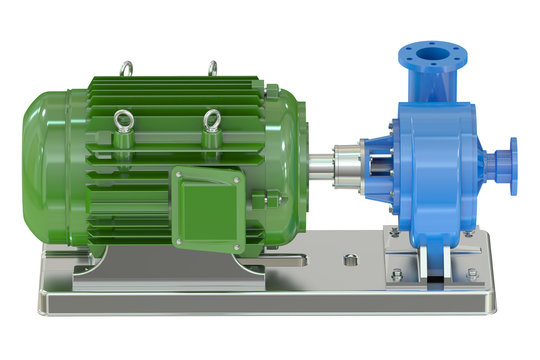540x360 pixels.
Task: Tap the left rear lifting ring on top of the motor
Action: pyautogui.click(x=125, y=68)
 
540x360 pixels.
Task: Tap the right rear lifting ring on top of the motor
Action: pyautogui.click(x=212, y=68)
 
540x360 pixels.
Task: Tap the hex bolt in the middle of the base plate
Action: pyautogui.click(x=350, y=260)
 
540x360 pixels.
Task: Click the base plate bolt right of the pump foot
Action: pyautogui.click(x=470, y=272)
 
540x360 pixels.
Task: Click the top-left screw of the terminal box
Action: pyautogui.click(x=180, y=176)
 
